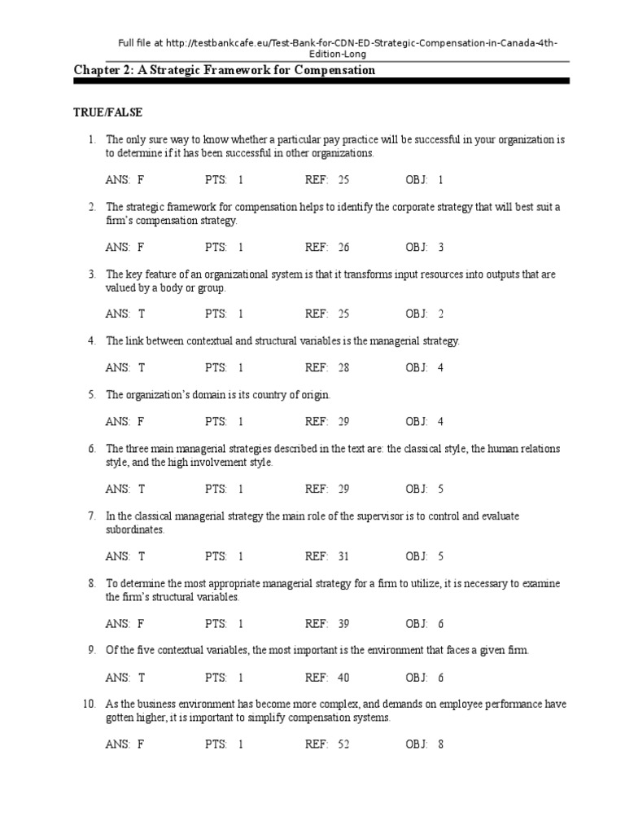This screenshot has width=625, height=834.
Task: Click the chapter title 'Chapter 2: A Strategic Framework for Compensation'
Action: click(x=225, y=70)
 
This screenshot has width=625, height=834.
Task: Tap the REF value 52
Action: click(x=343, y=744)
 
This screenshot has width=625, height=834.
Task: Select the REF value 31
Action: click(x=343, y=557)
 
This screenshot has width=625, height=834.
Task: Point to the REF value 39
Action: click(x=343, y=625)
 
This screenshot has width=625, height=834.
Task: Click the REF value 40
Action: click(x=343, y=677)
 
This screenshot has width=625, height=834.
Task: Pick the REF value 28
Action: click(x=343, y=368)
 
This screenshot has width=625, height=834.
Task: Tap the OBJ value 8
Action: click(x=440, y=744)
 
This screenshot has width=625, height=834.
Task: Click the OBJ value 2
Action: click(x=440, y=314)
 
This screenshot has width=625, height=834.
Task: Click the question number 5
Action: click(x=92, y=395)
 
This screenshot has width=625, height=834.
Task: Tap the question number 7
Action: click(x=92, y=516)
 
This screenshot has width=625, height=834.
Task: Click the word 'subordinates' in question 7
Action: click(x=135, y=529)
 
